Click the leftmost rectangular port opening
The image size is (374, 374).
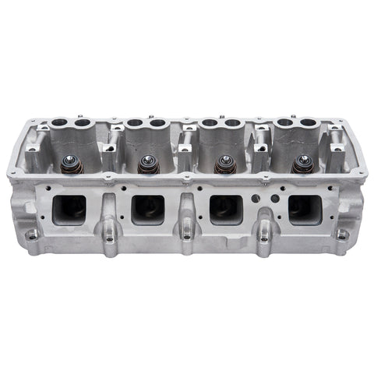(69, 209)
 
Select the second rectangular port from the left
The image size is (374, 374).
(148, 209)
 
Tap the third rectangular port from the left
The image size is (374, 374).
(226, 209)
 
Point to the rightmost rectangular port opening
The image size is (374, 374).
(305, 208)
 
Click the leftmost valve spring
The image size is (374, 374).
(67, 165)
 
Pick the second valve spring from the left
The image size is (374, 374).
(145, 165)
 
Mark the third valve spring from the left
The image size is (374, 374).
(225, 165)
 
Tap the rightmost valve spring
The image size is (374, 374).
(303, 165)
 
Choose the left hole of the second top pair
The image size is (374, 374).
(135, 123)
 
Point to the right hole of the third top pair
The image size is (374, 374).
(233, 123)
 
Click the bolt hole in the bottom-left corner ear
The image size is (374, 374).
(30, 235)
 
